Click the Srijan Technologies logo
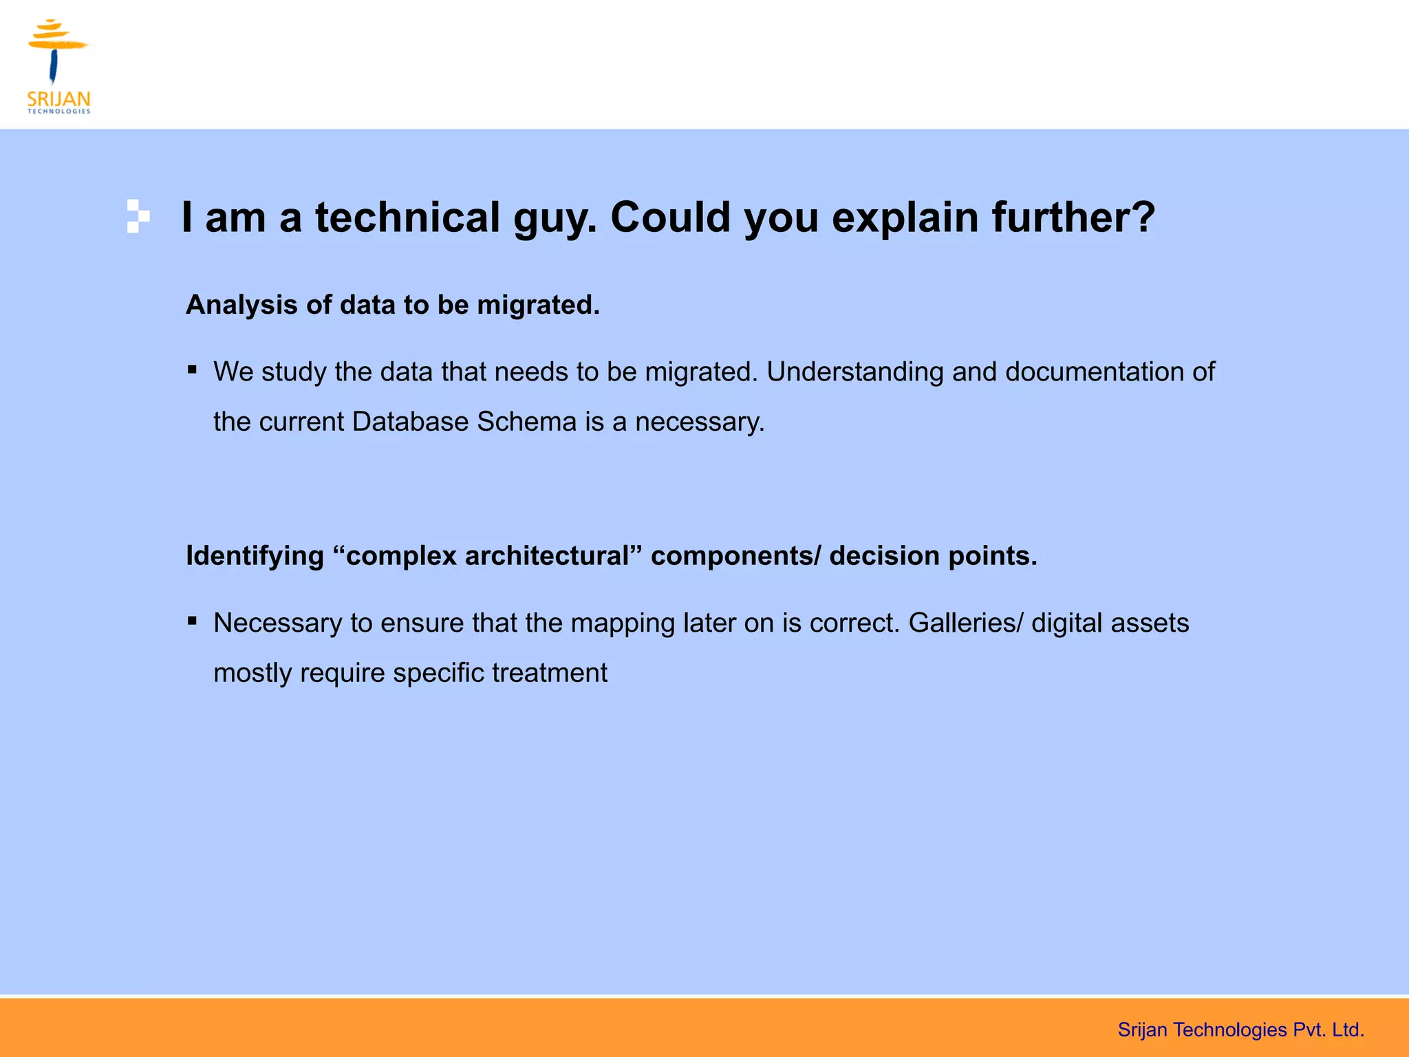[x=59, y=67]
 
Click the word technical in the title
[x=407, y=217]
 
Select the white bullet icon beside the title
[x=138, y=216]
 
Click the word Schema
[x=526, y=422]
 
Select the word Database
[x=410, y=422]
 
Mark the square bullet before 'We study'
[x=193, y=370]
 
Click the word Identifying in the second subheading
[x=255, y=556]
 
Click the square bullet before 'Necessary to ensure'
[x=193, y=621]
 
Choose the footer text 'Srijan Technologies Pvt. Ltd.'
[x=1240, y=1029]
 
